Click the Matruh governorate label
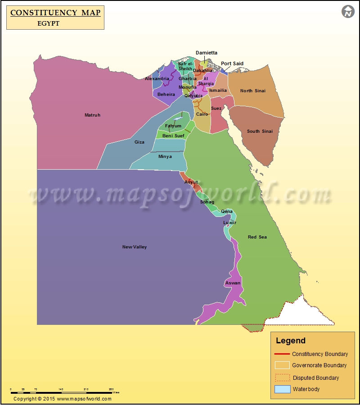92,115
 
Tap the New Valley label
135,247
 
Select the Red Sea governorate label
257,237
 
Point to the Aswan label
233,283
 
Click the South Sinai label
260,131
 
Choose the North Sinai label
252,91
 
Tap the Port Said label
232,63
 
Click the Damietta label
206,53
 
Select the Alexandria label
157,79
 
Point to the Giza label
139,142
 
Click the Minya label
165,157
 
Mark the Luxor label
229,223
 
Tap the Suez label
216,108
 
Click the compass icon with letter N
348,12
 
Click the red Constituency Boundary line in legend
282,354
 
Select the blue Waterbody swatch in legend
282,389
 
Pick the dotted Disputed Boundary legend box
282,378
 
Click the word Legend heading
290,341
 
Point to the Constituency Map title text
55,13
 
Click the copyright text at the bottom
62,399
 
